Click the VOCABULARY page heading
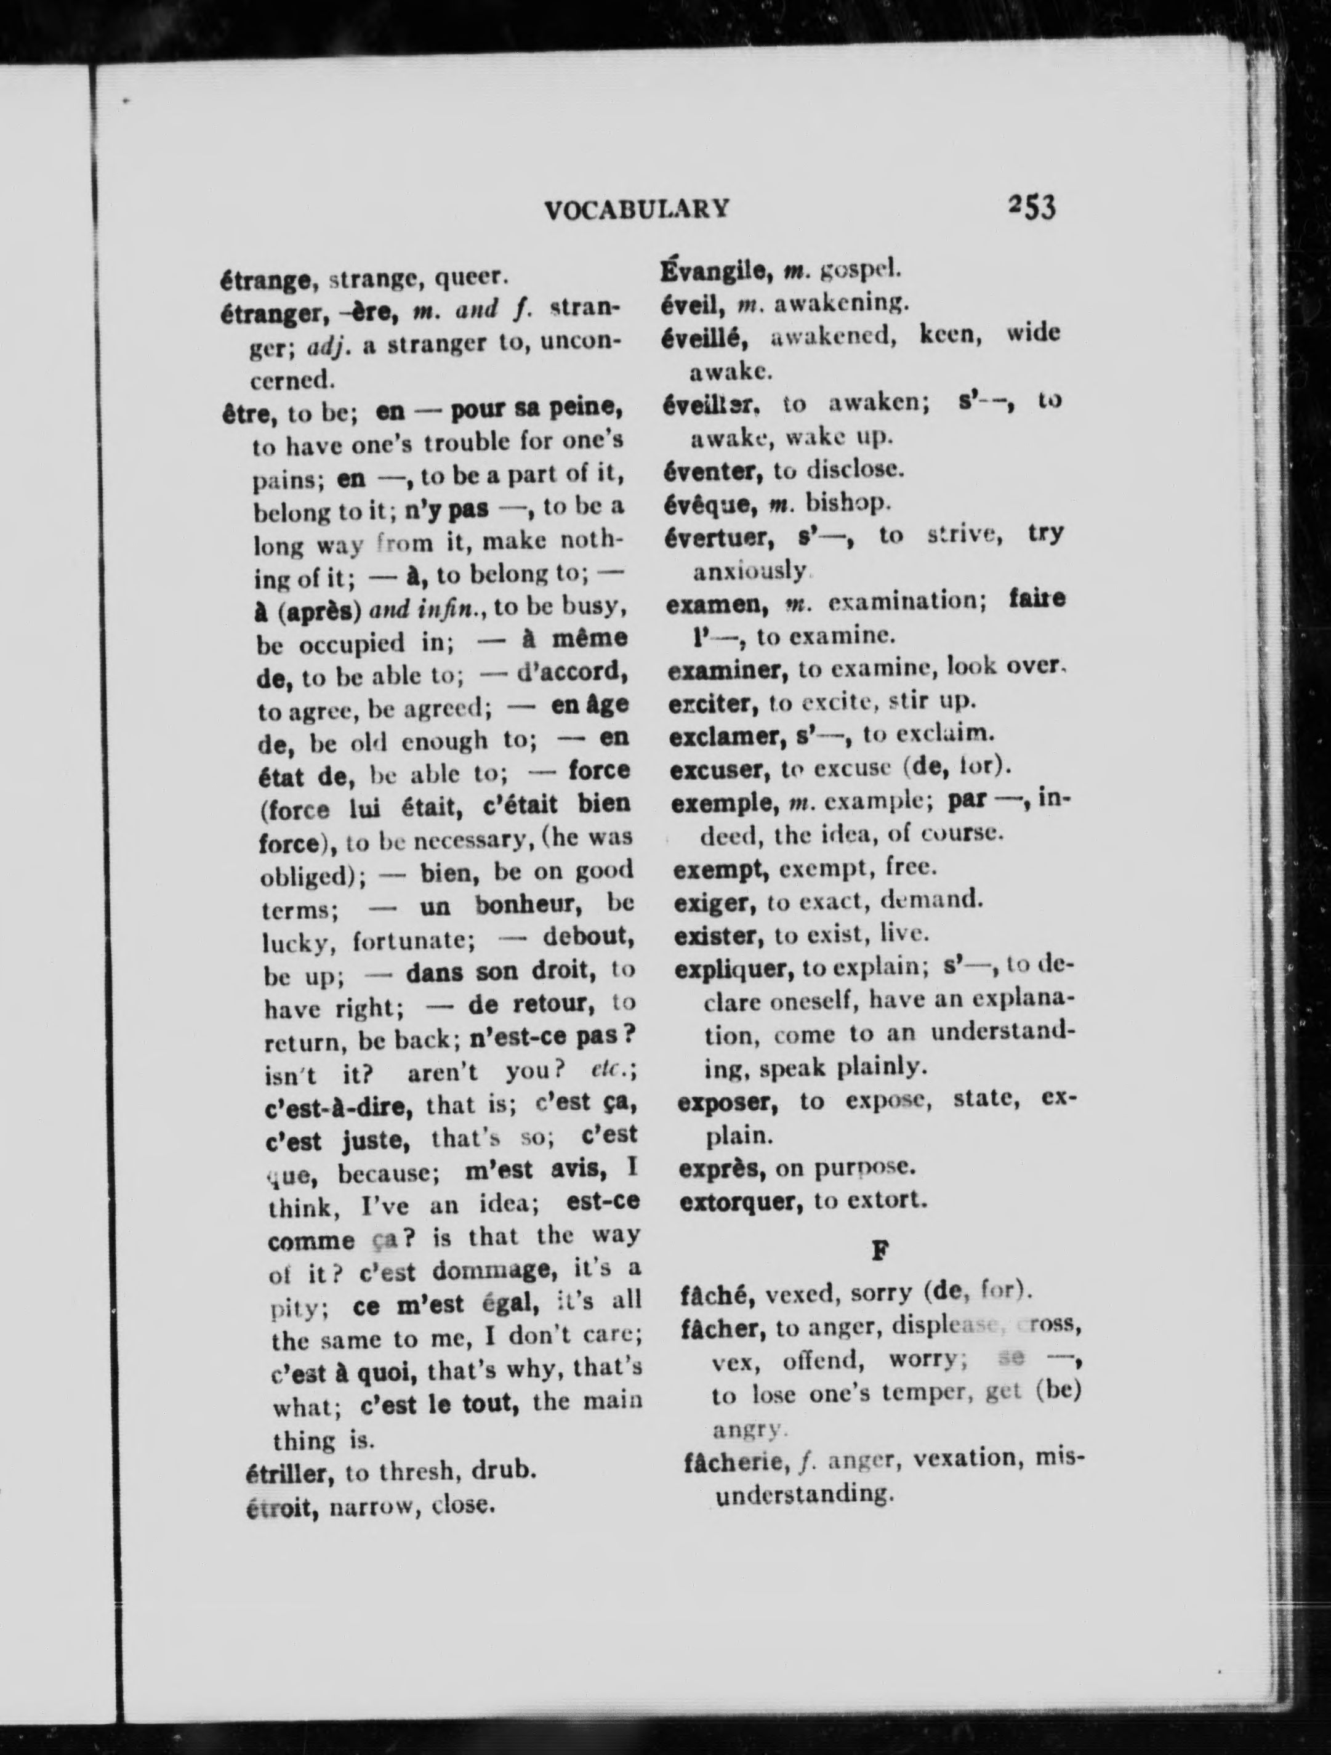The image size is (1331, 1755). click(x=637, y=209)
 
